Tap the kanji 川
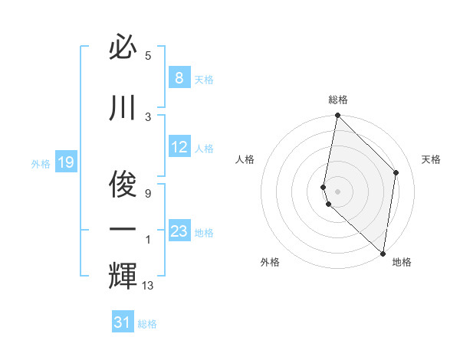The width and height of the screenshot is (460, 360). [123, 109]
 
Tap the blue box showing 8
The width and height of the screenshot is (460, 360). [179, 77]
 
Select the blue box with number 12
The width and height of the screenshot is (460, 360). [179, 147]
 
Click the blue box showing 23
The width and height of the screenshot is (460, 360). [179, 231]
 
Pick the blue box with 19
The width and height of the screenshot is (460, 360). [66, 162]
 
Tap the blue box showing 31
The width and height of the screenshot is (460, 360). [123, 322]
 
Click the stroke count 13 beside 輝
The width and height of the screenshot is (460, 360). [149, 286]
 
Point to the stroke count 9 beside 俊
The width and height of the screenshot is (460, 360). [148, 193]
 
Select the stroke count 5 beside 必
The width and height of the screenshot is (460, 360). [148, 56]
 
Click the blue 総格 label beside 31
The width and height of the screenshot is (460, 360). [147, 324]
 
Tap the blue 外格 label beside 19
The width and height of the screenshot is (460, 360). [41, 163]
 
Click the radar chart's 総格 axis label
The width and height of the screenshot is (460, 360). [337, 100]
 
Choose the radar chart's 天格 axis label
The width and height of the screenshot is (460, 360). [432, 159]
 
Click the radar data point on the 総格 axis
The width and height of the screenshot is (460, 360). [337, 116]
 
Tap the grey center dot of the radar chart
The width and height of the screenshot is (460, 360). [337, 191]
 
